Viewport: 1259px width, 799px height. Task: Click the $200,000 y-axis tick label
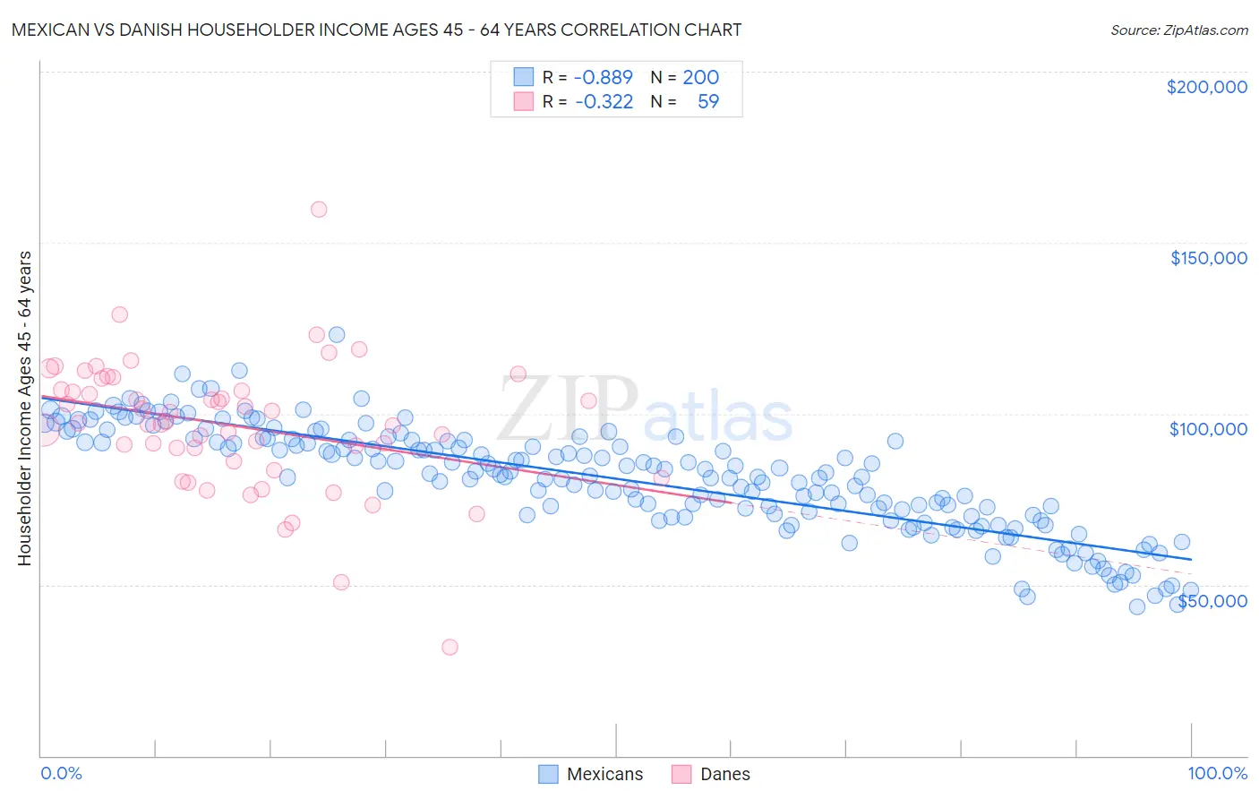click(x=1206, y=87)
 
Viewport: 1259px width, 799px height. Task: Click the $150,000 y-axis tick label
click(x=1208, y=258)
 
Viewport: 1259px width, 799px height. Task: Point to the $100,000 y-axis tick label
click(x=1208, y=429)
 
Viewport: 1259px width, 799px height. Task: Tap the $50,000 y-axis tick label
click(x=1212, y=600)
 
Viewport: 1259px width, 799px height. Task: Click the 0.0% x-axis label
click(x=61, y=773)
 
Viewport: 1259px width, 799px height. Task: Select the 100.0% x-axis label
click(x=1217, y=773)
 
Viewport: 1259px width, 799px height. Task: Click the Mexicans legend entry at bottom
click(x=591, y=774)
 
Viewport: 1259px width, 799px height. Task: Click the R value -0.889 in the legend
click(x=603, y=77)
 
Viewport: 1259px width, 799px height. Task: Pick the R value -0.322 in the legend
click(x=603, y=101)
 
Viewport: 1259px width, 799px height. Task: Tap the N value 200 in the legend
click(x=700, y=77)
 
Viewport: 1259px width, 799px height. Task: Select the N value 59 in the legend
click(x=707, y=101)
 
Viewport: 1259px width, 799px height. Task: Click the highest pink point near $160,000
click(x=319, y=210)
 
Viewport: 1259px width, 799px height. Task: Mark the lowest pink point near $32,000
click(x=450, y=647)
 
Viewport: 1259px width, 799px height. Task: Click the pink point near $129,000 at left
click(x=119, y=314)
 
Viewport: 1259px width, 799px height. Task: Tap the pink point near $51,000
click(x=341, y=582)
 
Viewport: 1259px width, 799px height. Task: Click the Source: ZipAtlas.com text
click(x=1178, y=30)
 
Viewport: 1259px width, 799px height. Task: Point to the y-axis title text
click(x=24, y=408)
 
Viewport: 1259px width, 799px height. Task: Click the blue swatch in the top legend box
click(x=523, y=77)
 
